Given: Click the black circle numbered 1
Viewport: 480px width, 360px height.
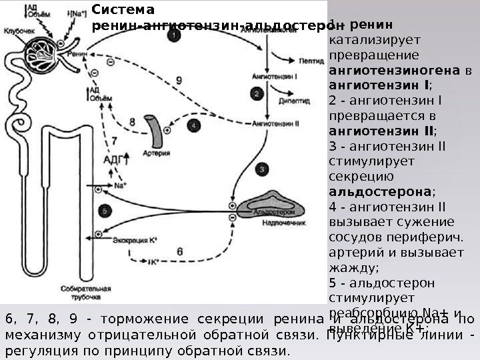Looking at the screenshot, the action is [174, 38].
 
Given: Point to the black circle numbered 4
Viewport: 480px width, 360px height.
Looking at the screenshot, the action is [194, 124].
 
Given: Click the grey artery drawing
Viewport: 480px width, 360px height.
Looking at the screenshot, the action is [155, 131].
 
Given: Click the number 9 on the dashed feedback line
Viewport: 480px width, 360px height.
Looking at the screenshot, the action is [179, 81].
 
